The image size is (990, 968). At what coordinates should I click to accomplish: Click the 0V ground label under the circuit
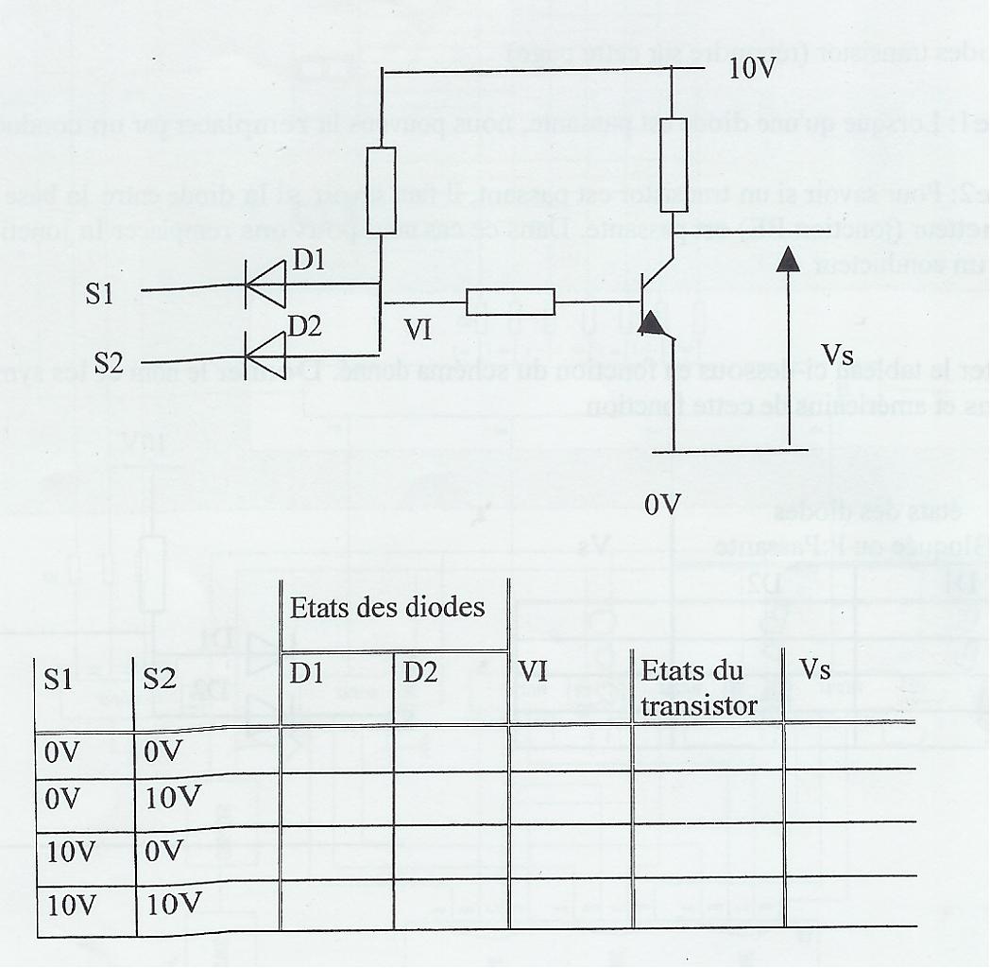pyautogui.click(x=662, y=503)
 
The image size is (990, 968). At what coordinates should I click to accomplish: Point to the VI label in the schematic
pyautogui.click(x=418, y=328)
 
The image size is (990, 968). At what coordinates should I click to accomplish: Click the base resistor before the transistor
pyautogui.click(x=510, y=302)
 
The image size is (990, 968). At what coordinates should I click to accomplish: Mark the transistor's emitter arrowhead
pyautogui.click(x=651, y=324)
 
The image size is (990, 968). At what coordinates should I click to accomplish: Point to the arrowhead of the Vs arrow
pyautogui.click(x=788, y=261)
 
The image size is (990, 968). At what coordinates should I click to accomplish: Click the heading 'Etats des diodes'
pyautogui.click(x=387, y=608)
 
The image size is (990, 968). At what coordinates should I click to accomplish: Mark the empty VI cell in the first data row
pyautogui.click(x=569, y=752)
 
